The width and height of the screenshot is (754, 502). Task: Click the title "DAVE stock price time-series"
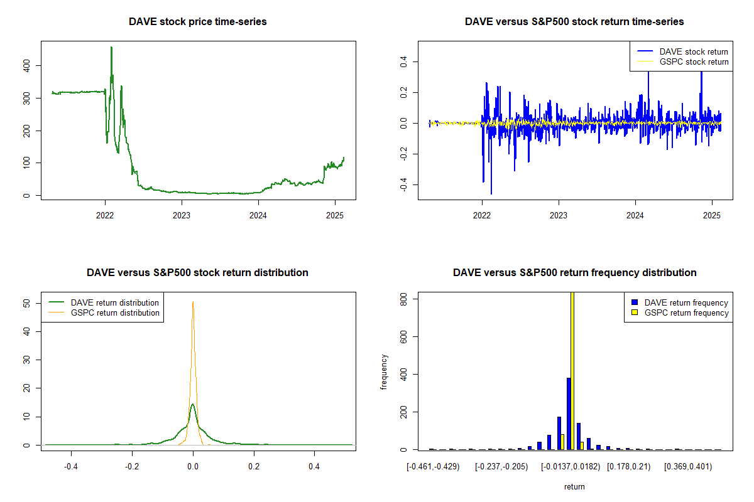pyautogui.click(x=197, y=22)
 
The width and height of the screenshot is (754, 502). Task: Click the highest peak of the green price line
pyautogui.click(x=111, y=47)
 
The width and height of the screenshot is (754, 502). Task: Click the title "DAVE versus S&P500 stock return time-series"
pyautogui.click(x=574, y=22)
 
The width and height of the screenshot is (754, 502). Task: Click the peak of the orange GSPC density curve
pyautogui.click(x=193, y=302)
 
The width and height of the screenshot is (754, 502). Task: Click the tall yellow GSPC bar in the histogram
pyautogui.click(x=572, y=370)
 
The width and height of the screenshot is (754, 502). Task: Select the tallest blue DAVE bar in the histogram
pyautogui.click(x=569, y=414)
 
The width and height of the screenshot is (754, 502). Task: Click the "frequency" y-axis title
pyautogui.click(x=385, y=371)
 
